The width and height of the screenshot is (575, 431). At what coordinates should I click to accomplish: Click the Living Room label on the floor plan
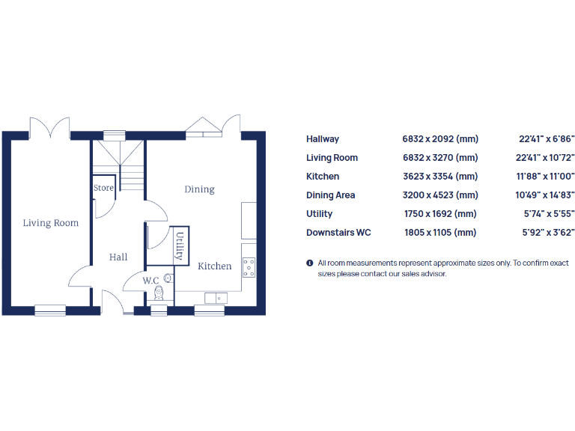(50, 223)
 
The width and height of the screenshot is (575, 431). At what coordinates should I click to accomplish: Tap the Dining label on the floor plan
(199, 189)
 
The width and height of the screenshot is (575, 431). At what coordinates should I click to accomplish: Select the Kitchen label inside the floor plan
(214, 266)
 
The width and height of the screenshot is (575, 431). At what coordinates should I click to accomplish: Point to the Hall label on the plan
(118, 257)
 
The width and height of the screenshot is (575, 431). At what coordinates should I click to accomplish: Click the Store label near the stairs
(103, 188)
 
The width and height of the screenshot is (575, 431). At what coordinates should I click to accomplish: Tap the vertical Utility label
(180, 245)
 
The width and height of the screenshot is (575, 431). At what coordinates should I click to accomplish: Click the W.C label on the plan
(151, 281)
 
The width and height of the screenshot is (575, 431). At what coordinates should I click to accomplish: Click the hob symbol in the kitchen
(249, 267)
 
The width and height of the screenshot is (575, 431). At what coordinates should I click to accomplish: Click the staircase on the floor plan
(120, 166)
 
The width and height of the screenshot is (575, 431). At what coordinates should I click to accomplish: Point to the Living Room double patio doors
(49, 126)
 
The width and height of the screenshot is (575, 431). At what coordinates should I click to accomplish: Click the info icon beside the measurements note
(310, 263)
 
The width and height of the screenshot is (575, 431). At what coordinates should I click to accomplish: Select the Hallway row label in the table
(323, 139)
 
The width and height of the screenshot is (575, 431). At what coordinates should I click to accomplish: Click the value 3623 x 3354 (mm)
(439, 177)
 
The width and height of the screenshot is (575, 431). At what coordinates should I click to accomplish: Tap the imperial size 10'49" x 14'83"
(547, 195)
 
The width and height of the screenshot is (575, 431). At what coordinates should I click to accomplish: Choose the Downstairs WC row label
(338, 233)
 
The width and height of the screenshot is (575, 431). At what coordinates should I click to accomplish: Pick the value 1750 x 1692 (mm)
(439, 214)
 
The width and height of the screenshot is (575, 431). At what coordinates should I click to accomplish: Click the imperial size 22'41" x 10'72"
(547, 158)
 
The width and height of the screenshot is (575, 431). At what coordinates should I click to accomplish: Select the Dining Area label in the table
(330, 195)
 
